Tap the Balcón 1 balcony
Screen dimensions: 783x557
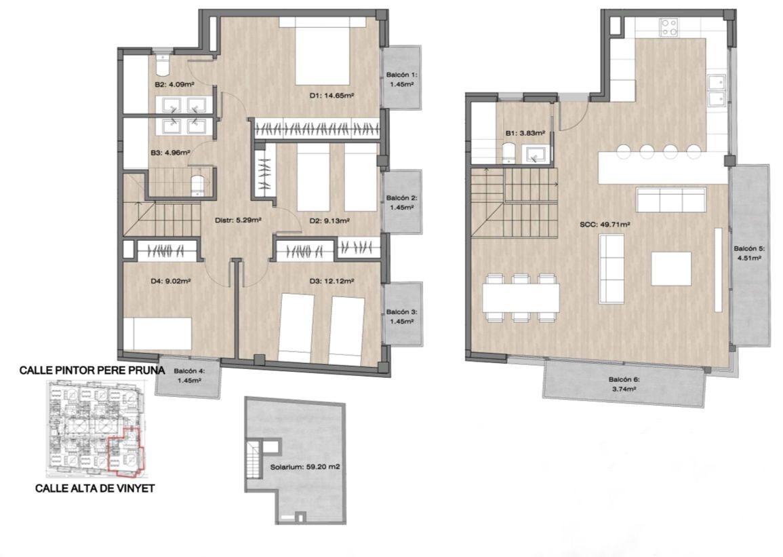point(401,77)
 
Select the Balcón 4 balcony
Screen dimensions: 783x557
point(188,377)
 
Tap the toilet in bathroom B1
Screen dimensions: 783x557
point(508,153)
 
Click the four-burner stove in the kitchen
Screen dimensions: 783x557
point(668,27)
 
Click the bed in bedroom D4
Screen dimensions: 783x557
point(157,333)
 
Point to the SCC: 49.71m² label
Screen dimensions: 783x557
point(604,225)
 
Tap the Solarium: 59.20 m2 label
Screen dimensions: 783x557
point(304,467)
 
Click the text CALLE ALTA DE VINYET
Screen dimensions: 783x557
point(95,488)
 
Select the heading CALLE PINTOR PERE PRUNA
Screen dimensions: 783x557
point(92,370)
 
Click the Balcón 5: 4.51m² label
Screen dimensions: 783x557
point(748,253)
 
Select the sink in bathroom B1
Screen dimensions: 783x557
point(535,155)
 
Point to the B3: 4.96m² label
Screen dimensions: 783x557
point(169,153)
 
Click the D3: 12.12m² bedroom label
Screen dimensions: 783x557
point(331,282)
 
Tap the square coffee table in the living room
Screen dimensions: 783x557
point(671,268)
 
